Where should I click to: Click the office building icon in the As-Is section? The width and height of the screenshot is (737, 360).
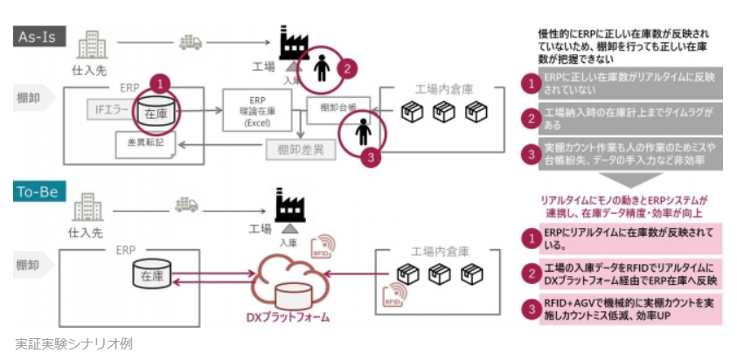[x=91, y=45]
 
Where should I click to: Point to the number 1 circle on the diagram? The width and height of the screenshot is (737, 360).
[x=159, y=83]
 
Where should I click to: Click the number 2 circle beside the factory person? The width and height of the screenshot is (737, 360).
[x=347, y=66]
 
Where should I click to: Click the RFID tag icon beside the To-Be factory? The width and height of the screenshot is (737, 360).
[x=326, y=241]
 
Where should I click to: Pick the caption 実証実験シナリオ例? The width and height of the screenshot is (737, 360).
[x=73, y=343]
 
